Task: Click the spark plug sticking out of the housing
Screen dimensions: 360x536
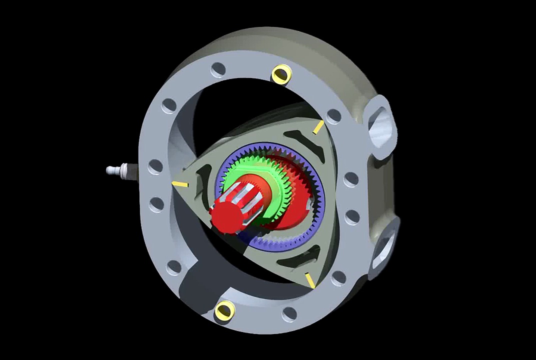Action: click(117, 170)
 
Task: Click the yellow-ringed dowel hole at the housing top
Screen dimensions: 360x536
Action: click(280, 74)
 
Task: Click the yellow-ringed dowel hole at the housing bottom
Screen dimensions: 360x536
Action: click(224, 311)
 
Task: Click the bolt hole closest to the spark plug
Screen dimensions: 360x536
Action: click(155, 166)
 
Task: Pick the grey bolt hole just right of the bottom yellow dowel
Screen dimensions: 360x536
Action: click(289, 313)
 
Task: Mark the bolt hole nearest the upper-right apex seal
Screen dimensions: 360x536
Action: click(333, 116)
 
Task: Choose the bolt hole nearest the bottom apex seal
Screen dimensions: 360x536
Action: click(338, 277)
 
